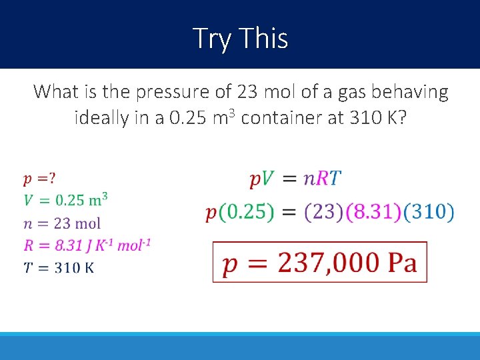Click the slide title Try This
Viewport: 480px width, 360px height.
pos(240,38)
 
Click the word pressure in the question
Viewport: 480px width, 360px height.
pos(168,91)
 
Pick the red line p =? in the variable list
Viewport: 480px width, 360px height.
pos(39,178)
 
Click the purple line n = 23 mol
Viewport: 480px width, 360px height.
pos(62,223)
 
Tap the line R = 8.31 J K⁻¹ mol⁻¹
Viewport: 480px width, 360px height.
pos(87,245)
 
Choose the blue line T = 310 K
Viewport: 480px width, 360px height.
pos(59,267)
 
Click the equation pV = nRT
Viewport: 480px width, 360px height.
pos(295,179)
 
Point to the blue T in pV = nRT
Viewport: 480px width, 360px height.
pos(335,179)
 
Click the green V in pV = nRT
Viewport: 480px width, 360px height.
pos(267,179)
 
